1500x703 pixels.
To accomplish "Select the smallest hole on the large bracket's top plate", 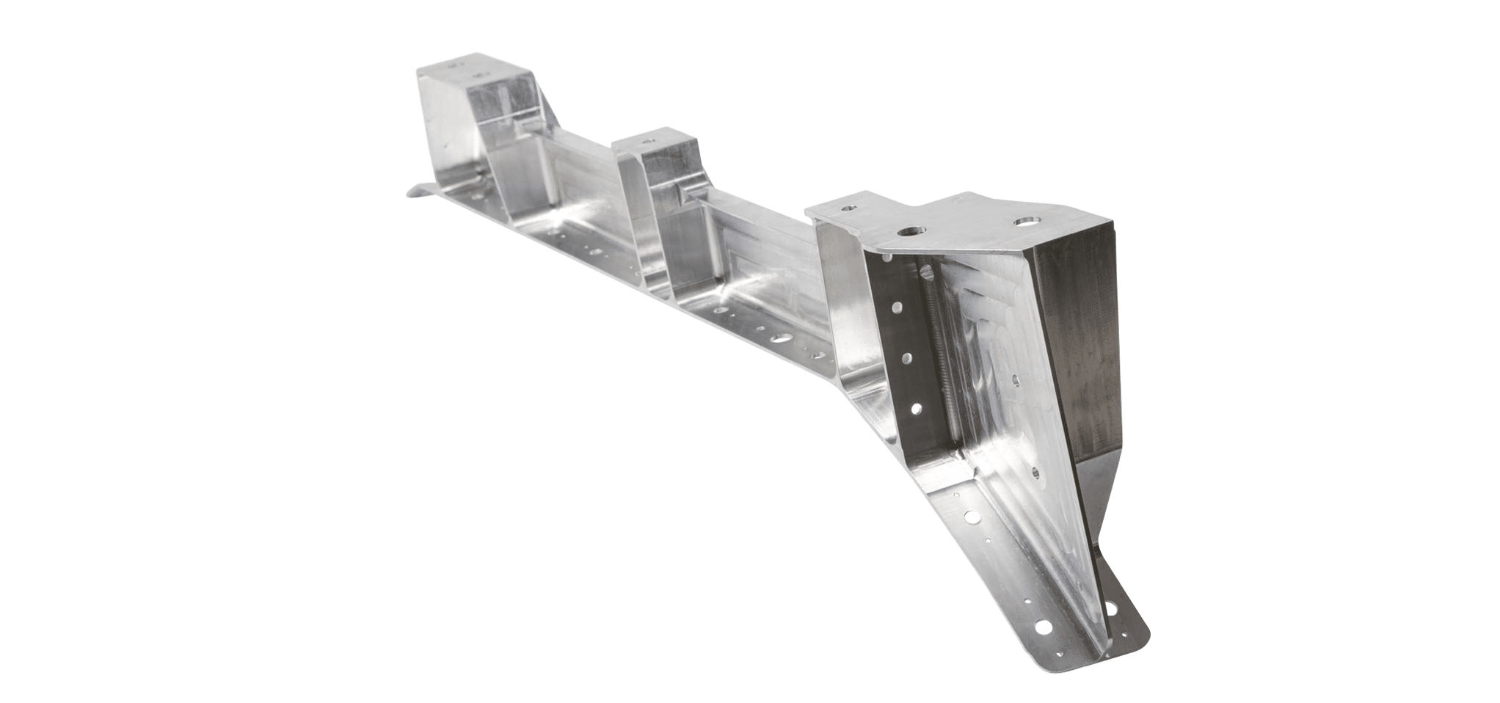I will pos(849,208).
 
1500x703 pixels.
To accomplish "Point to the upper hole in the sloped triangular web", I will pos(1015,379).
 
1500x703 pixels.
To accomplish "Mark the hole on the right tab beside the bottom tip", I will pos(1110,608).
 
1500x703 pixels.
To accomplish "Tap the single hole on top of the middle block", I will pos(648,137).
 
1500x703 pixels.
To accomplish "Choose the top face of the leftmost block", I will pos(470,71).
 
